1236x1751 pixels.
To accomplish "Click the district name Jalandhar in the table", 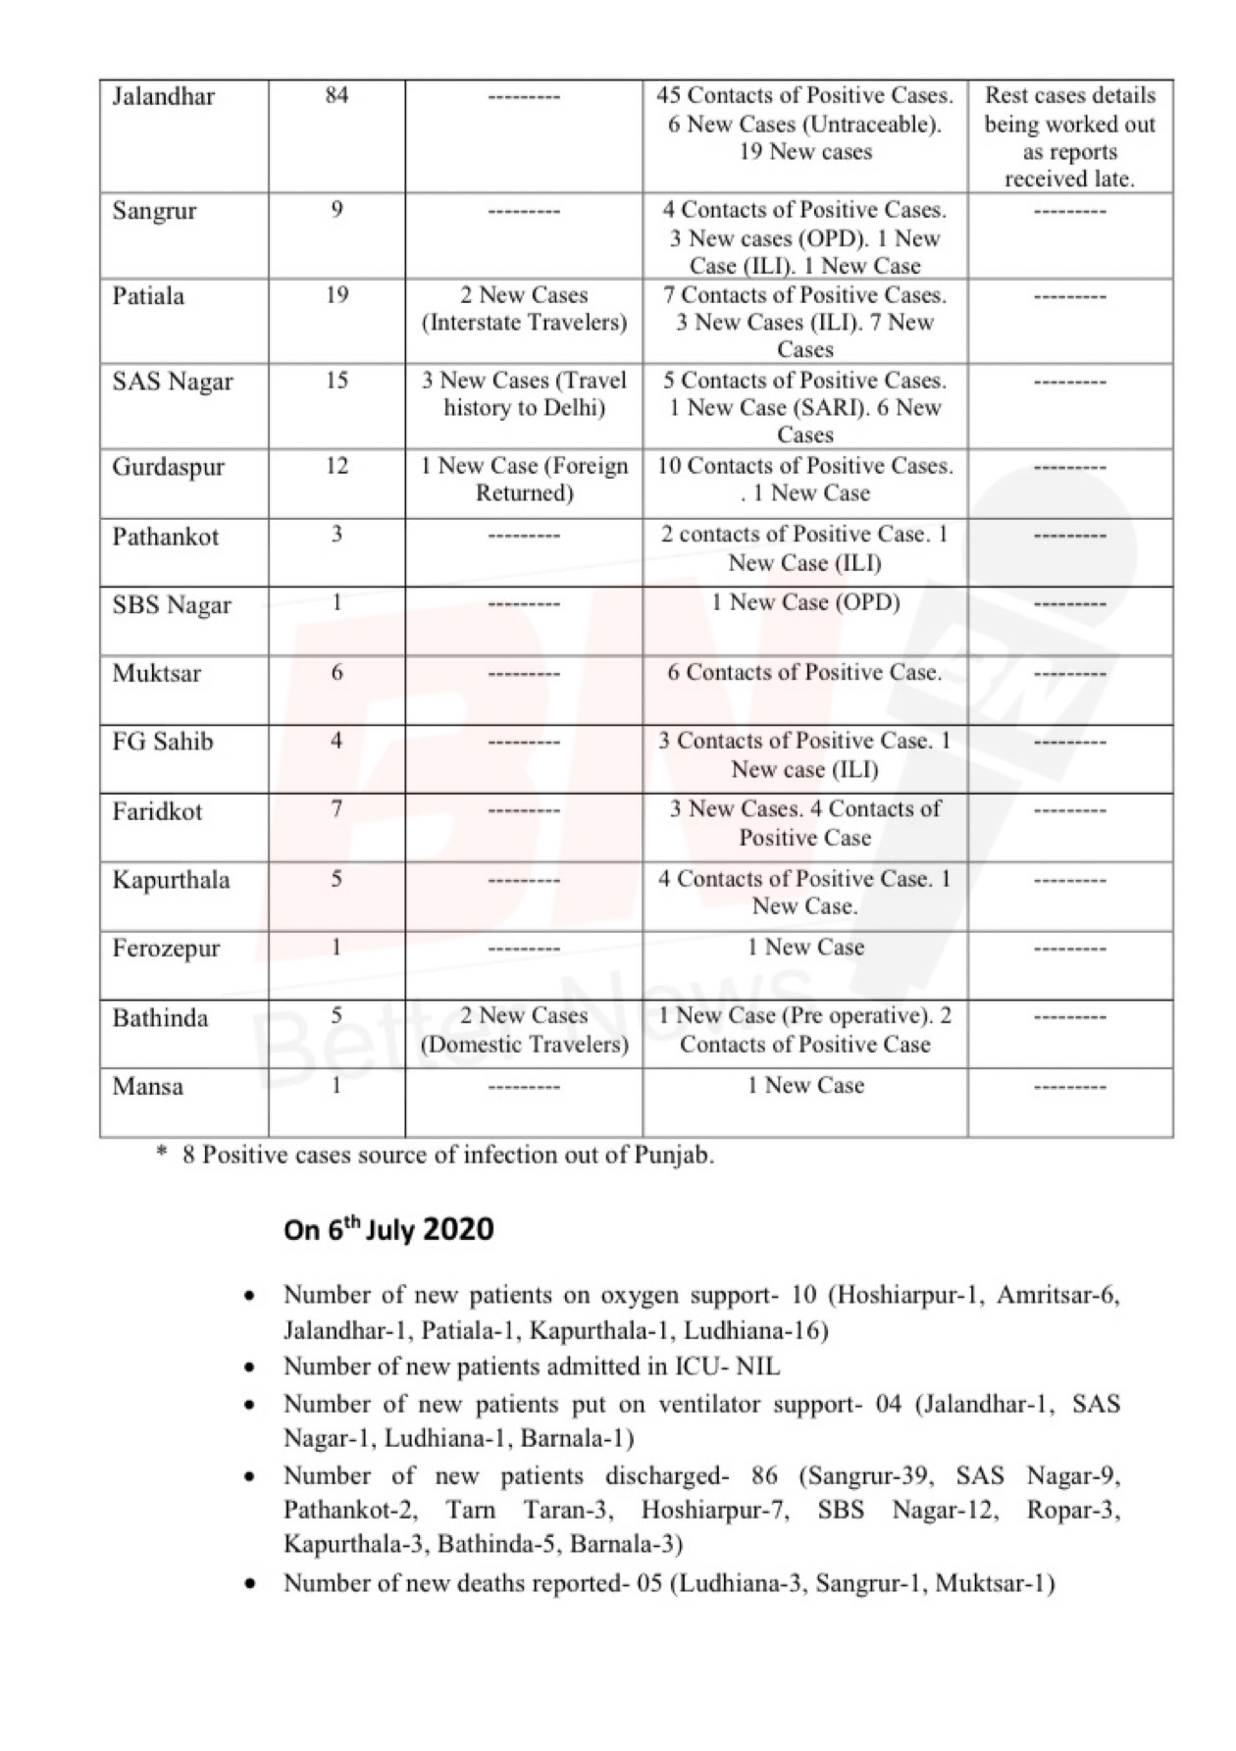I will click(163, 97).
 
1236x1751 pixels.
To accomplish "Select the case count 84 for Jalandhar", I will click(336, 96).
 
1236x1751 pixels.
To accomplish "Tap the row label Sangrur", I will click(154, 212).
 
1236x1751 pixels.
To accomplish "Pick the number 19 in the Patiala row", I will click(336, 295).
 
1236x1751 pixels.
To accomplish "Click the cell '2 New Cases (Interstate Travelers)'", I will click(524, 309).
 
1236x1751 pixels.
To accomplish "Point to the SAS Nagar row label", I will click(173, 382).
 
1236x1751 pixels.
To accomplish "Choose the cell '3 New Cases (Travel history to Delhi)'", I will click(524, 394).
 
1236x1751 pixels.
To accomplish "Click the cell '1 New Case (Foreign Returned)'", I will click(524, 480).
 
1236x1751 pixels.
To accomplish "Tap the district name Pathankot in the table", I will click(166, 537).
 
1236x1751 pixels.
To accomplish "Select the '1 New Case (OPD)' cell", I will click(805, 602).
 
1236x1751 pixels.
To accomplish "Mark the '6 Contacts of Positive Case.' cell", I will click(804, 673).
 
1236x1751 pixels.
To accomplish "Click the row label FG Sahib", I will click(163, 742).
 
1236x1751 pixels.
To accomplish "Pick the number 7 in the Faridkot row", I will click(336, 810).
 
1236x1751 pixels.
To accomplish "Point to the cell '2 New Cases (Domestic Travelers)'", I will click(524, 1030).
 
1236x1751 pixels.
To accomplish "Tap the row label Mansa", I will click(147, 1087).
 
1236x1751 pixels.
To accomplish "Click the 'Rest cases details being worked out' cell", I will click(1070, 137).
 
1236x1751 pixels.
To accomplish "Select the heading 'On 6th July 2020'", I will click(388, 1229).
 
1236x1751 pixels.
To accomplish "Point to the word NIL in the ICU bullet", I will click(757, 1366).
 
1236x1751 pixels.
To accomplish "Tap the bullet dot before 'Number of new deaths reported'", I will click(252, 1583).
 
